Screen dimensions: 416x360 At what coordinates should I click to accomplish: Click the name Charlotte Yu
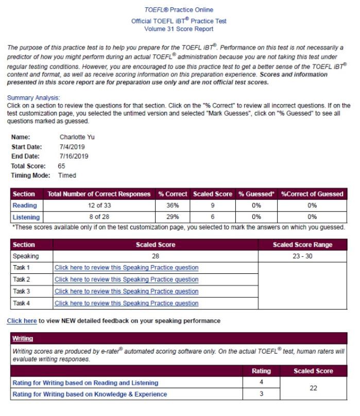77,137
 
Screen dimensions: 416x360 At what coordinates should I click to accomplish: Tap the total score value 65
62,166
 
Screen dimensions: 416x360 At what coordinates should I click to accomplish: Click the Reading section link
25,206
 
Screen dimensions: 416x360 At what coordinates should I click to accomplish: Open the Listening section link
26,217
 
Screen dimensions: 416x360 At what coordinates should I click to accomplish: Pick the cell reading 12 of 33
99,206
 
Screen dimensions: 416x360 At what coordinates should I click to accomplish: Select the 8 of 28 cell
99,217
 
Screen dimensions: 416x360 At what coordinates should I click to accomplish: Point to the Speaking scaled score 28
156,256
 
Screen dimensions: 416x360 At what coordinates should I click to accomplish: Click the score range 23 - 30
302,256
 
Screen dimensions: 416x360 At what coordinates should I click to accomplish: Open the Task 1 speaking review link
126,268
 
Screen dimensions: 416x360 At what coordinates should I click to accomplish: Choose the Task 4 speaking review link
126,303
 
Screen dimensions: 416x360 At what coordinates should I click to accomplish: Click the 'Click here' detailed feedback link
22,321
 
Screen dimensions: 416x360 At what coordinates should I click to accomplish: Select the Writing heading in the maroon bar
23,339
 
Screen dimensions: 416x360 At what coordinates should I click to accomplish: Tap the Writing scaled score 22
313,389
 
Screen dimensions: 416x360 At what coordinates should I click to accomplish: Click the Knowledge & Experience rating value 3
261,394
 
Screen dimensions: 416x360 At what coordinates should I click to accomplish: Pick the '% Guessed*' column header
256,194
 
